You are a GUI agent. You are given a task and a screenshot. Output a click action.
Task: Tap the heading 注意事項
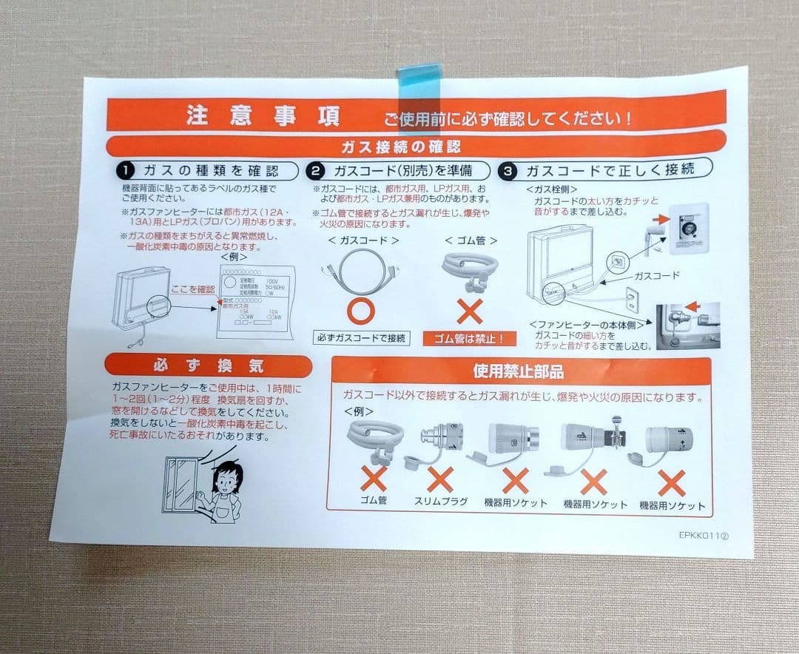coord(263,117)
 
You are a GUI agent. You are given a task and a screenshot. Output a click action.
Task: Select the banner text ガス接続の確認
coord(400,146)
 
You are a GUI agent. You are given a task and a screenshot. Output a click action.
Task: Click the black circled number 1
coord(124,171)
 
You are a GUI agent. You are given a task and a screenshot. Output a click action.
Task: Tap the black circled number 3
coord(508,171)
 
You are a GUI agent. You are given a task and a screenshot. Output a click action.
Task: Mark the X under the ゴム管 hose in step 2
coord(469,311)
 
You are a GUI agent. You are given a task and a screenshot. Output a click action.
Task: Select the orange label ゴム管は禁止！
coord(469,340)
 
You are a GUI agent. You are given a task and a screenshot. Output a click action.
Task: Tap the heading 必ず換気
coord(207,366)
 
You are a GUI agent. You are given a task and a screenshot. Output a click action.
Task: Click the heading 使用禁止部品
coord(518,371)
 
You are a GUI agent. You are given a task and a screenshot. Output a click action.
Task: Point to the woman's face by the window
coord(224,479)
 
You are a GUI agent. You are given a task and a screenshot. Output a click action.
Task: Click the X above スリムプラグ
coord(440,481)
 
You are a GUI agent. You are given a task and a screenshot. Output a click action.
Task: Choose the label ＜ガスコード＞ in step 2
coord(363,240)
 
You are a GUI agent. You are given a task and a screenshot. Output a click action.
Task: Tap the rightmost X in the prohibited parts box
coord(672,482)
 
